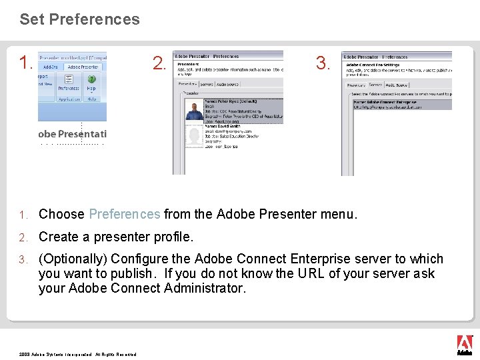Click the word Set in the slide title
tap(31, 19)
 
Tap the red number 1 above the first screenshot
tap(25, 63)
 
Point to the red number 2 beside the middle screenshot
tap(159, 63)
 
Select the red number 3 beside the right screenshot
tap(323, 63)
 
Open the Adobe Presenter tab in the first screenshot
tap(83, 67)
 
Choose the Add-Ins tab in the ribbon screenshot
tap(51, 67)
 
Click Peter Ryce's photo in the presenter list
tap(194, 115)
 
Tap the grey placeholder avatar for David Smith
tap(194, 137)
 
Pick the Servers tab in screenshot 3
tap(375, 85)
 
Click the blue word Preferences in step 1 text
tap(124, 214)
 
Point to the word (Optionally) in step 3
tap(73, 259)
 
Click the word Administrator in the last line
tap(206, 288)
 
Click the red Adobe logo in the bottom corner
tap(464, 343)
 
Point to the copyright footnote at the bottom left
tap(77, 354)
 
